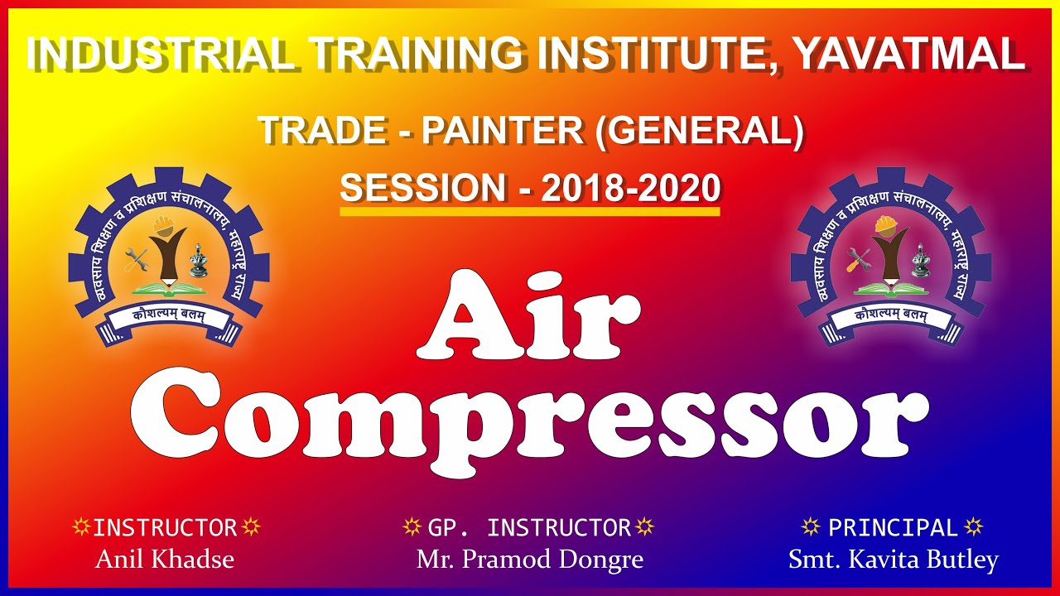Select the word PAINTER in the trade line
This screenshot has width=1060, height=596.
tap(503, 131)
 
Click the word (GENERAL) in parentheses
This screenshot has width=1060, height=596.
tap(700, 132)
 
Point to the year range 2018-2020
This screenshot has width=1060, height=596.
tap(631, 188)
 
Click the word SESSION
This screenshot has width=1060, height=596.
tap(423, 188)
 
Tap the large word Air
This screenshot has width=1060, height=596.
tap(529, 315)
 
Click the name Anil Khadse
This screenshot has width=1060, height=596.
tap(165, 559)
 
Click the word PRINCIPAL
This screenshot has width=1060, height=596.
tap(893, 527)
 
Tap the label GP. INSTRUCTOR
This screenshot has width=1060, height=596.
tap(529, 528)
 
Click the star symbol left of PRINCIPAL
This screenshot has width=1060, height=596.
tap(811, 527)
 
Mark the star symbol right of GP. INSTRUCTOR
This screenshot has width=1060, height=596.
tap(644, 527)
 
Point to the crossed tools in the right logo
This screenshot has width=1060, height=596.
tap(859, 260)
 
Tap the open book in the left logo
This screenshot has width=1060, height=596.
tap(168, 288)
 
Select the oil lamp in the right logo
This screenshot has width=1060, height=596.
tap(921, 260)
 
